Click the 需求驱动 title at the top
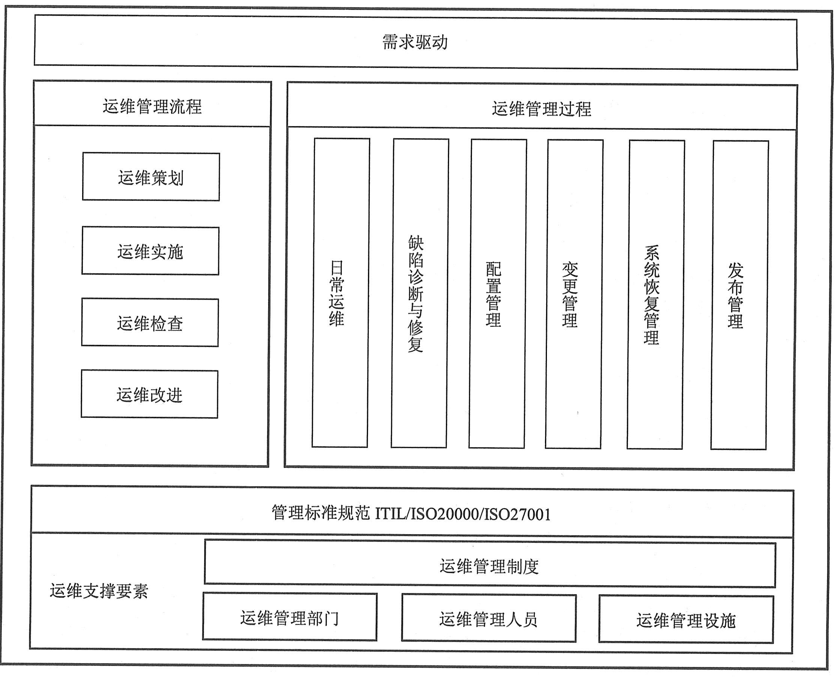[414, 42]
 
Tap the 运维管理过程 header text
[541, 109]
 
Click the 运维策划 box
[151, 177]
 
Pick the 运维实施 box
[150, 251]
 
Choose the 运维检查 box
[150, 323]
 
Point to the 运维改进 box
[149, 394]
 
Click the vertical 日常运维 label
[336, 293]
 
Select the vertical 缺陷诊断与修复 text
[416, 294]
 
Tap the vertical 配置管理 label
[493, 294]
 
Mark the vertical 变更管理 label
[570, 295]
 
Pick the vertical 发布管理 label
[736, 296]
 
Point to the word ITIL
[390, 514]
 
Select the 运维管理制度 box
[490, 564]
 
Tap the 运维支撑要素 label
[99, 591]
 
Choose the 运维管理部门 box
[290, 617]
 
